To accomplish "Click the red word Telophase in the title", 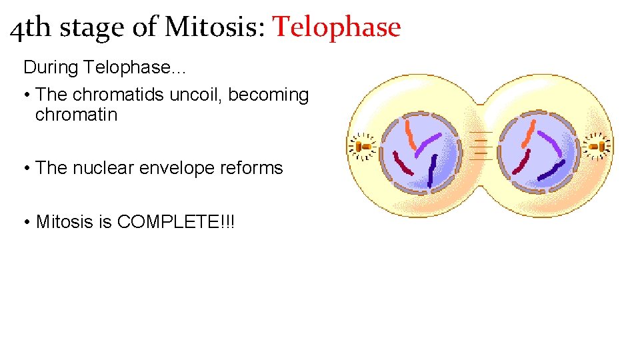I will [337, 27].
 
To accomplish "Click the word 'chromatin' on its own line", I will [76, 115].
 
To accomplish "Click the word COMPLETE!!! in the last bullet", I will [176, 221].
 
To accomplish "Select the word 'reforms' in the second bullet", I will [251, 168].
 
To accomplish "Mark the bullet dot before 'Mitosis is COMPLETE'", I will [27, 221].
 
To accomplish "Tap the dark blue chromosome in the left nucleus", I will [432, 170].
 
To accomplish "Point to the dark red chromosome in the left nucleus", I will [403, 163].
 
